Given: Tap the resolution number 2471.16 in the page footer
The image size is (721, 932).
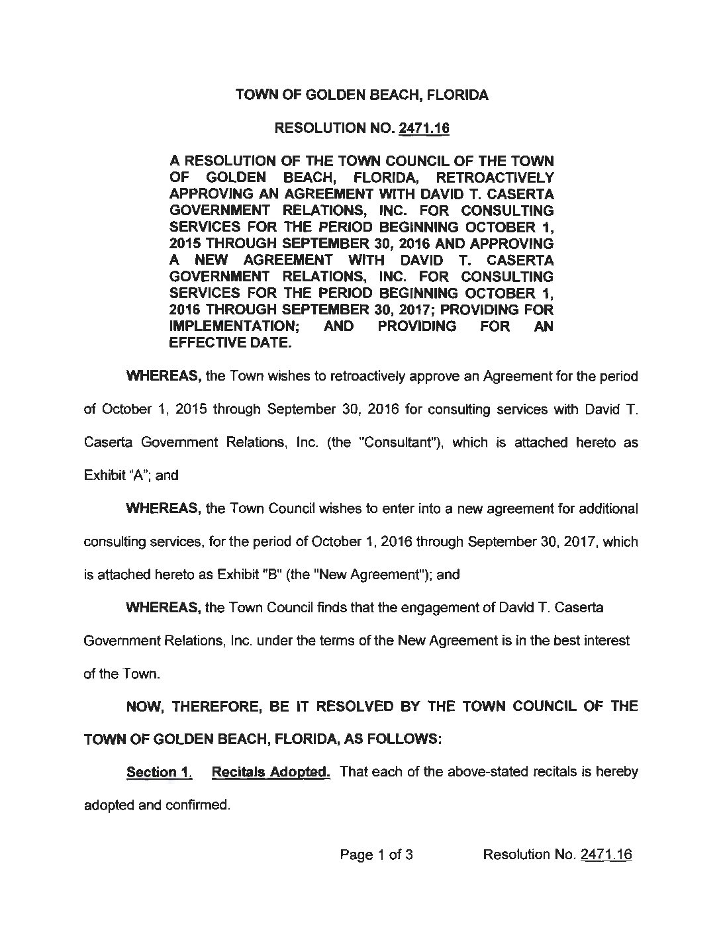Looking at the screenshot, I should (x=606, y=854).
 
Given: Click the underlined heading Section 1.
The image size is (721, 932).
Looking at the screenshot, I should (x=159, y=772).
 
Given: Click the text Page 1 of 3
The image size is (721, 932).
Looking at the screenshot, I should (x=377, y=854).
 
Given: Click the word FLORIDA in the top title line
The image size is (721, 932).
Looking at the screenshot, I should (x=457, y=95).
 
